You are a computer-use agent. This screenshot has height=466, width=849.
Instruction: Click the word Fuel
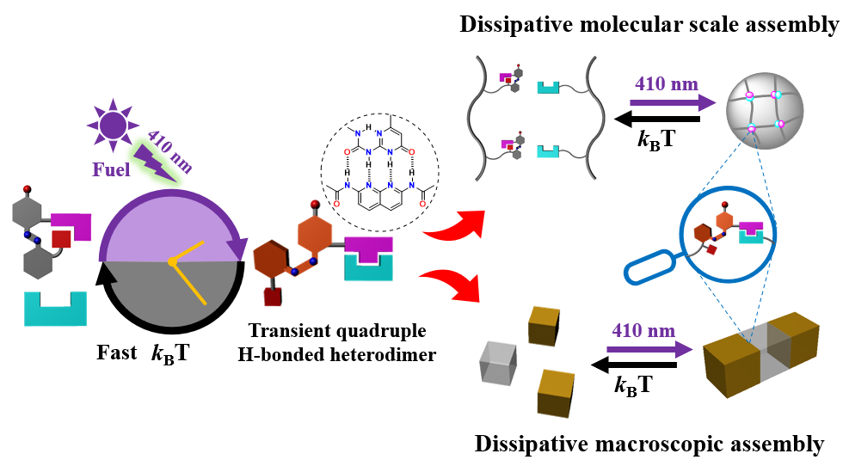[x=112, y=169]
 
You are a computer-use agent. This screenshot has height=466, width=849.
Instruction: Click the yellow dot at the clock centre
[x=172, y=261]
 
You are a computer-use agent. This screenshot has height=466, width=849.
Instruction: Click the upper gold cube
[x=545, y=325]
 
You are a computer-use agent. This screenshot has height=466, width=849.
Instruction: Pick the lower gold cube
[x=556, y=392]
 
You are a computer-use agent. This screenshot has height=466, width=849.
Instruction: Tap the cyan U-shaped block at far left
[x=56, y=309]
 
